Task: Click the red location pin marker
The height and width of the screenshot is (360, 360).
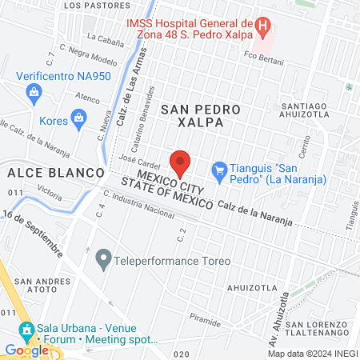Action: point(180,162)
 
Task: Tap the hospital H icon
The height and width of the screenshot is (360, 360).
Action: point(262,25)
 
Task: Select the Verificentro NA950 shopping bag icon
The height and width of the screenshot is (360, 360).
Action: point(34,93)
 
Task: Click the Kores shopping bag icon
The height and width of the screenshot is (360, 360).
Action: point(78,120)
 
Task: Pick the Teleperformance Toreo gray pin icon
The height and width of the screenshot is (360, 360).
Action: point(102,260)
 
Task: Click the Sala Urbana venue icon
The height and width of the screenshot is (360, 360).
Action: point(26,329)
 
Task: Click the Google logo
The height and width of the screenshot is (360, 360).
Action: point(26,350)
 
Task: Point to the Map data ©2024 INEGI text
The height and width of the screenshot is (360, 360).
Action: point(311,354)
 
